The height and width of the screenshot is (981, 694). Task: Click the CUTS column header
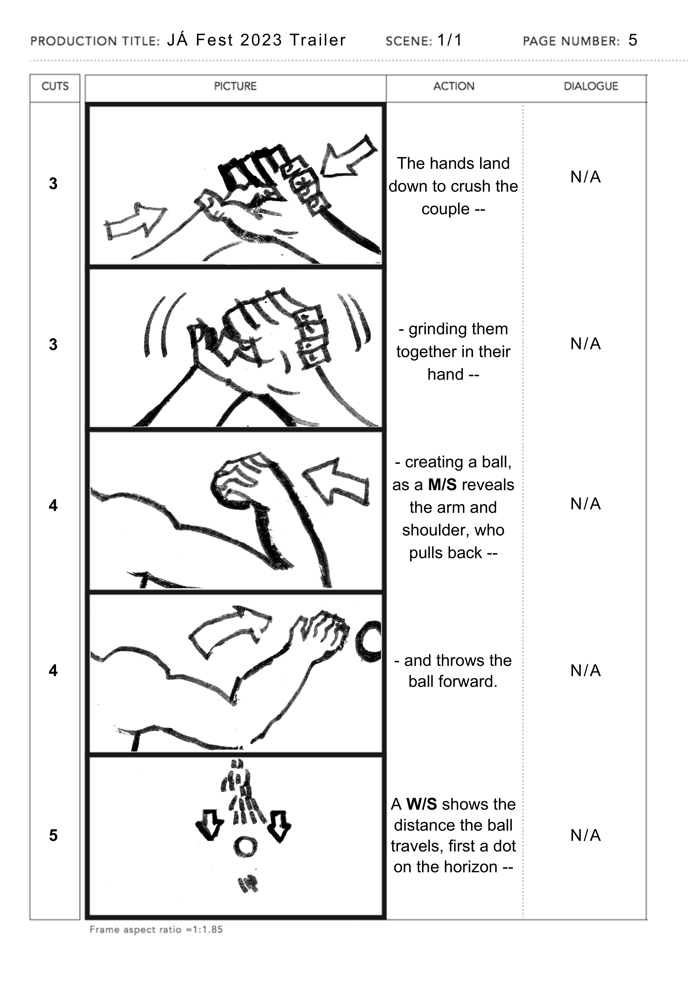pos(55,86)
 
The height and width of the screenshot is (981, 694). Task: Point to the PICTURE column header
pos(235,86)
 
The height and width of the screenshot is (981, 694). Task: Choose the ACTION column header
pos(454,86)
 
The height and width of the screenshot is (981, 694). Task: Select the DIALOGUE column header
pos(590,86)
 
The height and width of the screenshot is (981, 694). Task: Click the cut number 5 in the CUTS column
pos(53,835)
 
